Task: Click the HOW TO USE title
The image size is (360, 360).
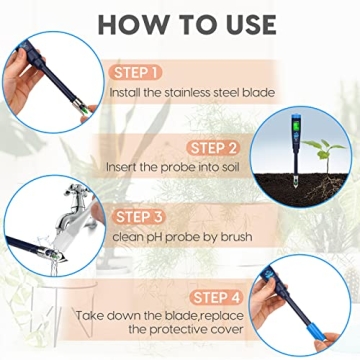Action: (180, 23)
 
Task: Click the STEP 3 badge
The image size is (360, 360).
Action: (143, 216)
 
